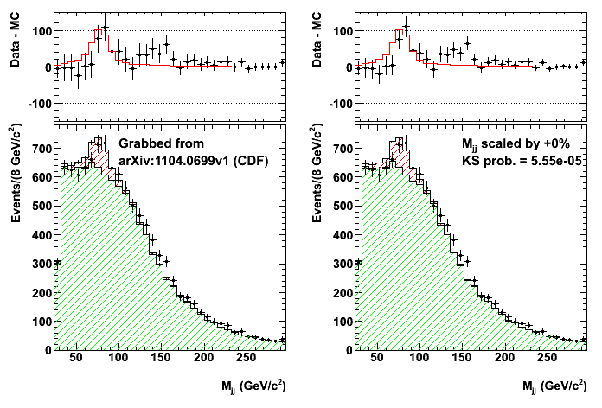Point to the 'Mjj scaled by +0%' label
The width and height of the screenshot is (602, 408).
pos(510,143)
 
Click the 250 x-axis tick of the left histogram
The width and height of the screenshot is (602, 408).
pos(245,359)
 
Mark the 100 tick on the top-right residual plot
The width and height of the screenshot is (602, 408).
pos(340,31)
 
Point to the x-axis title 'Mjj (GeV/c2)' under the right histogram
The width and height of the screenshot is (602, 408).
pos(555,384)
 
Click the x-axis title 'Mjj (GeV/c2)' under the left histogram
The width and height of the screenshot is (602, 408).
pos(254,384)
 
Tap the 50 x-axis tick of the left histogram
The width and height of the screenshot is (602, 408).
pos(76,359)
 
